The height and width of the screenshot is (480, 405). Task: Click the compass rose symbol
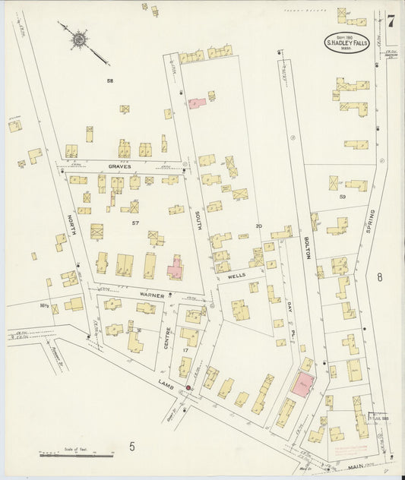click(78, 37)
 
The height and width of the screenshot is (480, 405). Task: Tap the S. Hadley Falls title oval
click(349, 42)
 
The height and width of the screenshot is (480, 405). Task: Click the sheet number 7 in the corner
click(390, 21)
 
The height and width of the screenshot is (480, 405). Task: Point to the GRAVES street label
click(119, 166)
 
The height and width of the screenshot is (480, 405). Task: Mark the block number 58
click(110, 81)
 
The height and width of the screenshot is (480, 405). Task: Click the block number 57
click(134, 223)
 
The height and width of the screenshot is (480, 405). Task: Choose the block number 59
click(343, 197)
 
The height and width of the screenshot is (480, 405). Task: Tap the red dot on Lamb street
click(188, 387)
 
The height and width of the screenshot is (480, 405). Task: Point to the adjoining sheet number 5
click(131, 446)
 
